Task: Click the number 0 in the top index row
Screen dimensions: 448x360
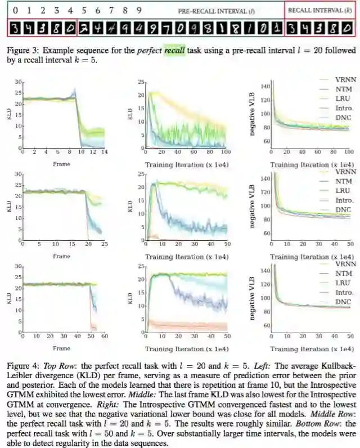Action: [x=15, y=10]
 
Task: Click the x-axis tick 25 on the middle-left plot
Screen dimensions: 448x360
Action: [x=105, y=245]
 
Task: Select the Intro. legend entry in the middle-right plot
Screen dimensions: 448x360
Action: [x=341, y=200]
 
